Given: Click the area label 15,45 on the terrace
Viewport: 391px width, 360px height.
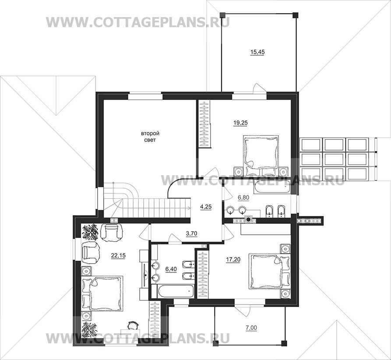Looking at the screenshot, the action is click(257, 52).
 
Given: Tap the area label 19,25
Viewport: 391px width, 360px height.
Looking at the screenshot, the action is click(241, 123).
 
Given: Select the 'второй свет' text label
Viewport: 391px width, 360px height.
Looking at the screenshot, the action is click(150, 137).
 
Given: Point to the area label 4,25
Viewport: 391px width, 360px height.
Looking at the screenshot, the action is click(206, 207).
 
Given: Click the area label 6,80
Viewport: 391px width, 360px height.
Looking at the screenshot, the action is click(243, 198).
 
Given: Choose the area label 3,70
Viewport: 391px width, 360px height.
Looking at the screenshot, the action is click(192, 233).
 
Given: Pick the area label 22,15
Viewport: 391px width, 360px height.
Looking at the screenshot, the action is click(118, 255).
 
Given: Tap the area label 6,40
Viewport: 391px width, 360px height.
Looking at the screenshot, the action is click(171, 269).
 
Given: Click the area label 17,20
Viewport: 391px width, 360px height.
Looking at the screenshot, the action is click(233, 260).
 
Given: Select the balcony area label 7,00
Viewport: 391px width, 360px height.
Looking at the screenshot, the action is click(251, 328).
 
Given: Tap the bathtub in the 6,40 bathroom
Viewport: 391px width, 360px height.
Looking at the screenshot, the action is click(176, 291).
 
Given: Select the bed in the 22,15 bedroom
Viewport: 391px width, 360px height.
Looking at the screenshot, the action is click(102, 293).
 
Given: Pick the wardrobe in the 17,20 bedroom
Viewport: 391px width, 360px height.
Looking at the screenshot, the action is click(203, 274).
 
